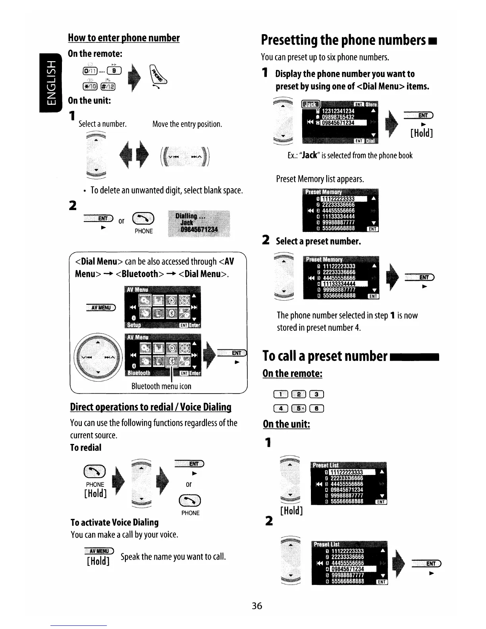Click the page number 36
pos(257,606)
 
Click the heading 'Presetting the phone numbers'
pos(344,41)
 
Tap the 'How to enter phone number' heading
pos(124,38)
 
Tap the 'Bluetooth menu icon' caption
pos(161,386)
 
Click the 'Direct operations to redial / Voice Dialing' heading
pos(150,407)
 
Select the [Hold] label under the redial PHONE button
pos(96,494)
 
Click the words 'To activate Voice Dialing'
pos(114,522)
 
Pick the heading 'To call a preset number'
pos(325,356)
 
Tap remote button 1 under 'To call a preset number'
pos(281,394)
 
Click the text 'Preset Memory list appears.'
pos(320,179)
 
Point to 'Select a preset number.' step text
pos(318,241)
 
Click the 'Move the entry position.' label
pos(187,124)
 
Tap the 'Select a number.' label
pos(102,124)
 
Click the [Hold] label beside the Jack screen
pos(421,133)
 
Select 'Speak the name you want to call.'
pos(173,556)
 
